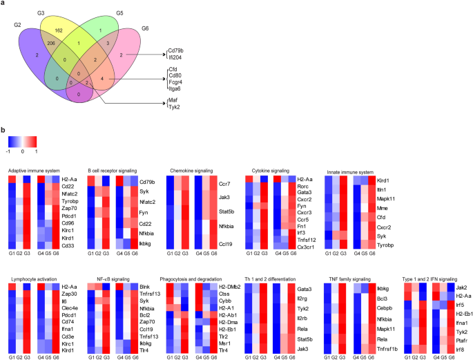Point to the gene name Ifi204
pos(176,58)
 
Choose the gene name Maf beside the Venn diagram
pos(173,101)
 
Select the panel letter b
pos(4,128)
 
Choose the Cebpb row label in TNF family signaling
pos(385,290)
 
